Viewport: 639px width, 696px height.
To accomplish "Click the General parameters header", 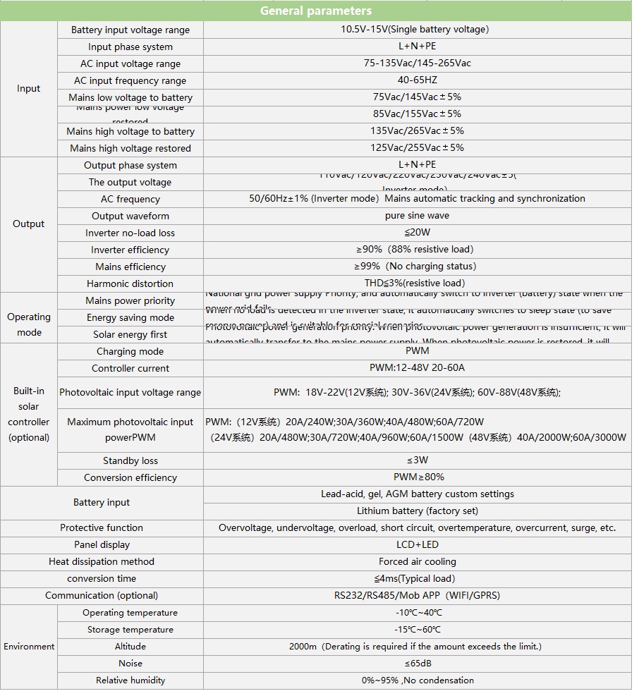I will click(x=315, y=11).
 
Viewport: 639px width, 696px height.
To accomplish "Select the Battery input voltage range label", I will click(x=130, y=30).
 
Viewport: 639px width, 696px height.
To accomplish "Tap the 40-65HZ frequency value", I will click(x=417, y=80).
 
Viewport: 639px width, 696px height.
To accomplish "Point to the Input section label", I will click(x=29, y=89).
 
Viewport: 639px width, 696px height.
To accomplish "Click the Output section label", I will click(x=29, y=224).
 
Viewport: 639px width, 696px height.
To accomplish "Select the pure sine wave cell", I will click(x=417, y=216).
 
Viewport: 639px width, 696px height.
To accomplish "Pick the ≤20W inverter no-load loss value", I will click(x=417, y=233).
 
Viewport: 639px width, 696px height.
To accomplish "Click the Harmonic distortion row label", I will click(x=130, y=283).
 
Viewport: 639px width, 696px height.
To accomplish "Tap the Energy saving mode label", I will click(x=130, y=317).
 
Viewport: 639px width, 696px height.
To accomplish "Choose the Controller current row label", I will click(x=130, y=368).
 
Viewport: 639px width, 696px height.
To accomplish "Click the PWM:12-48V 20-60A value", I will click(x=417, y=368).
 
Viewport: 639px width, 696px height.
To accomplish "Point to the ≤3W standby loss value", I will click(x=417, y=460).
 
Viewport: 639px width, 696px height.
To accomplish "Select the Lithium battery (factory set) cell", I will click(x=417, y=511).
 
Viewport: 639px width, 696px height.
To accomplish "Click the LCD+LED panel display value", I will click(x=417, y=545).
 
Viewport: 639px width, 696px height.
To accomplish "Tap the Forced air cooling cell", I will click(x=417, y=562).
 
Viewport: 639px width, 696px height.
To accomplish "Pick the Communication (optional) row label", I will click(x=102, y=596).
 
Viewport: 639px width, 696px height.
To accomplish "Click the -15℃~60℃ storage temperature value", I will click(x=417, y=630).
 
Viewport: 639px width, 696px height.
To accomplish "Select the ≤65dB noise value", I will click(x=417, y=664).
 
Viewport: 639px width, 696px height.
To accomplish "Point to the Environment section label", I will click(x=29, y=647).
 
